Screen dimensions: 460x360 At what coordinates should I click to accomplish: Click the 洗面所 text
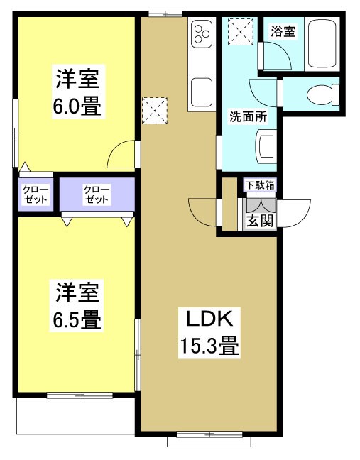tap(247, 117)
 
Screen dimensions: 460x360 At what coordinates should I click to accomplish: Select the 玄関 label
tap(260, 220)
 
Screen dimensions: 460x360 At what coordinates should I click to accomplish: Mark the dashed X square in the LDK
tap(153, 109)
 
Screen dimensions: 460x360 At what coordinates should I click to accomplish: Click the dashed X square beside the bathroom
tap(239, 31)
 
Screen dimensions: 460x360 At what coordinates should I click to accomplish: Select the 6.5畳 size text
tap(77, 319)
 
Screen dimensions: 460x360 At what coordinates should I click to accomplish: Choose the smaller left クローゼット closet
tap(35, 194)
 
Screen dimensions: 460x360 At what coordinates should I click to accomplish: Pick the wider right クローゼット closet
tap(97, 194)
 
